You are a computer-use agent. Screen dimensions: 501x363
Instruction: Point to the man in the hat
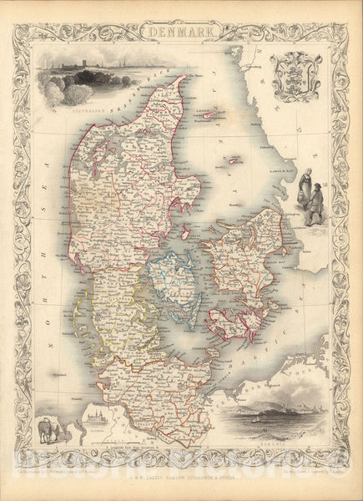tap(317, 204)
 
